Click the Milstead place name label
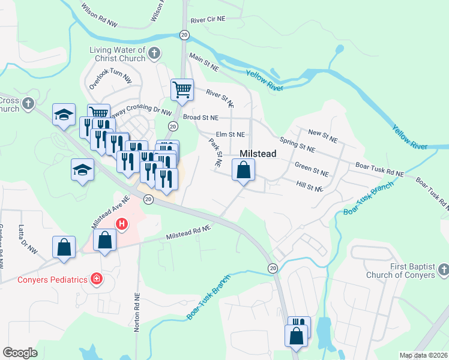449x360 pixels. tap(258, 154)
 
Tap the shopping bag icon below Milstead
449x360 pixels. tap(243, 171)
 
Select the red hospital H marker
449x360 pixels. tap(122, 224)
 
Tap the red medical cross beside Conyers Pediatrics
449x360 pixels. tap(95, 279)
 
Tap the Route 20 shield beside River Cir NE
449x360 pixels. tap(184, 35)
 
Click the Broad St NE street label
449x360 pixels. tap(200, 118)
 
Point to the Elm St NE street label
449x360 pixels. tap(231, 134)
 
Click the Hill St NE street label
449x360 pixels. tap(310, 187)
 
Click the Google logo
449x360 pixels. tap(20, 352)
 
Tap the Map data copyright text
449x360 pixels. tap(424, 355)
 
